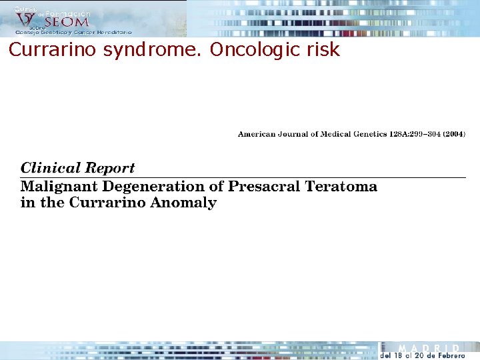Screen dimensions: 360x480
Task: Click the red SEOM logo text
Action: (66, 22)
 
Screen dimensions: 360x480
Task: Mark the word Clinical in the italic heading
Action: (51, 168)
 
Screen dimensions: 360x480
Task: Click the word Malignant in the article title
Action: (57, 187)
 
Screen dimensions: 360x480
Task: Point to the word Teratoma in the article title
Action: (341, 187)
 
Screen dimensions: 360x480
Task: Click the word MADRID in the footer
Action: (429, 348)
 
